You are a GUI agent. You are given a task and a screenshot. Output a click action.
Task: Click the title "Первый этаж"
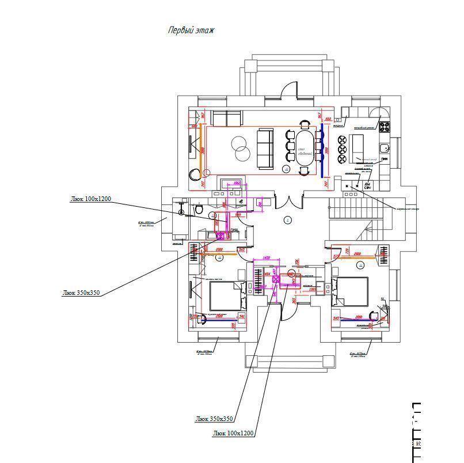(x=191, y=31)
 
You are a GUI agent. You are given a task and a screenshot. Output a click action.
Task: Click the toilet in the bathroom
(x=199, y=208)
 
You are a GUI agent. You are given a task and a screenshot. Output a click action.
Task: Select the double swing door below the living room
(x=288, y=202)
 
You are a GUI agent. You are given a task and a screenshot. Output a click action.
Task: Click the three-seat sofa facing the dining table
(x=264, y=149)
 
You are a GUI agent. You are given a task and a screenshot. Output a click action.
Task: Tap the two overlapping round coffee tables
(x=240, y=147)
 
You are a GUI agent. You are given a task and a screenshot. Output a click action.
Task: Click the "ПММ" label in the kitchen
(x=384, y=159)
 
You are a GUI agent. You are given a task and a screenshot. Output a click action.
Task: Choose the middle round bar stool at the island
(x=341, y=149)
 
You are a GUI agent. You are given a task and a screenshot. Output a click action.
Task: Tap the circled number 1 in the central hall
(x=287, y=218)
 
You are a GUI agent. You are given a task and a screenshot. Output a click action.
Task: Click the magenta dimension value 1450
(x=265, y=258)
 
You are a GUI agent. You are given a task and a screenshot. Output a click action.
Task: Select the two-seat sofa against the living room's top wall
(x=226, y=119)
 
